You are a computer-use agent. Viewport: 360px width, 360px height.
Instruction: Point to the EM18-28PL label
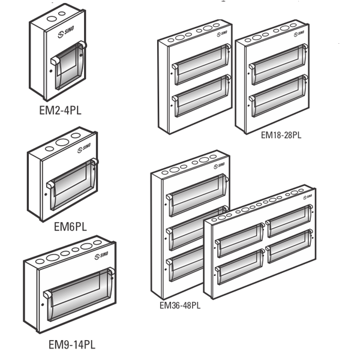click(280, 135)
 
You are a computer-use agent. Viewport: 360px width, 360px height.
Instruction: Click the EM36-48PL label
click(179, 305)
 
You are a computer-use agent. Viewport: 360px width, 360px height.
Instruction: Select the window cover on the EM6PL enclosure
click(71, 184)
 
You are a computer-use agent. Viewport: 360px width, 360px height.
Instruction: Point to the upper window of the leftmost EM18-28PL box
click(202, 65)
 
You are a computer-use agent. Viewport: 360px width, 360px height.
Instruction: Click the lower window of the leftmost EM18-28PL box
click(202, 97)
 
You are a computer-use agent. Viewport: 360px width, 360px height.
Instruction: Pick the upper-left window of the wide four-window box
click(239, 239)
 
